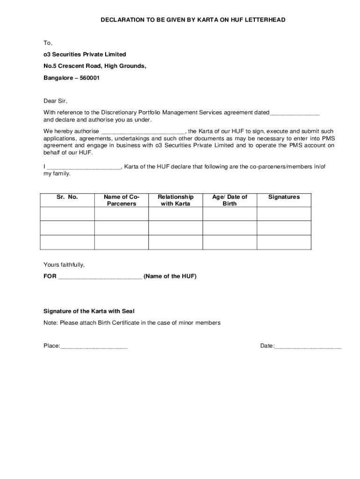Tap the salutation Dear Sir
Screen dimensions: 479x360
[x=55, y=101]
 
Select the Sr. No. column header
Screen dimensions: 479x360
[x=67, y=197]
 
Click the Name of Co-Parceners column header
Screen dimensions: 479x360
[x=121, y=200]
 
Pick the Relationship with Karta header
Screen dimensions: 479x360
[x=175, y=200]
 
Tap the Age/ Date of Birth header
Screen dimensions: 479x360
[x=230, y=200]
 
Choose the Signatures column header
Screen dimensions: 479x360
[x=284, y=197]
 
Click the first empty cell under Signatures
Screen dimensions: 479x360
[x=284, y=213]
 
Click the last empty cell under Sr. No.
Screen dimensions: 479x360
[x=67, y=242]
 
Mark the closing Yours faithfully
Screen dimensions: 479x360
[x=64, y=265]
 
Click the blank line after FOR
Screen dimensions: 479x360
[x=100, y=277]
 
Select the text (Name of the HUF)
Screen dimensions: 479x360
[x=170, y=276]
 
